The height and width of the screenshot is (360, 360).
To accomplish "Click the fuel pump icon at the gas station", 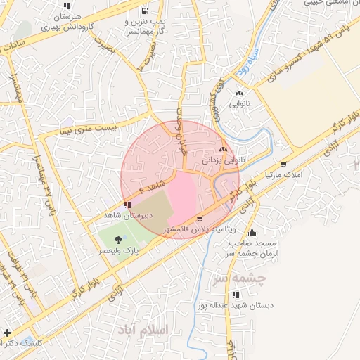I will point(145,11).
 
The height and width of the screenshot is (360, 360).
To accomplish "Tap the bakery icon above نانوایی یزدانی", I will point(223,149).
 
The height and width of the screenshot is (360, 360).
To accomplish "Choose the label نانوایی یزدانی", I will point(224,160).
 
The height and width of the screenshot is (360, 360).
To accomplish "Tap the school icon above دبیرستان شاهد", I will point(127,205).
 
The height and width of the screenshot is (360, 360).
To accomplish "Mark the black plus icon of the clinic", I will point(7,332).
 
